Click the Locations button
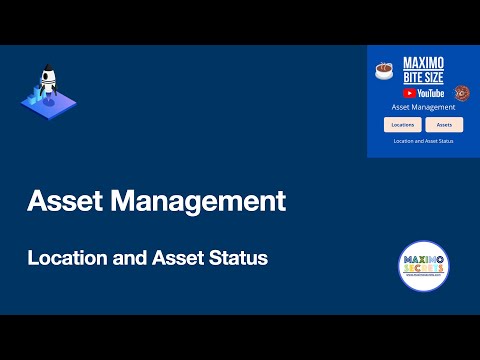pyautogui.click(x=403, y=125)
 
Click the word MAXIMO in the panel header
pyautogui.click(x=422, y=63)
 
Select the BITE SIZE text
pyautogui.click(x=422, y=76)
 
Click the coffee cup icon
pyautogui.click(x=383, y=71)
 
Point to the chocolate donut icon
pyautogui.click(x=462, y=93)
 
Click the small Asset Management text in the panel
pyautogui.click(x=423, y=106)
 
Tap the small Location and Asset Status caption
pyautogui.click(x=423, y=141)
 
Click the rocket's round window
pyautogui.click(x=45, y=82)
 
